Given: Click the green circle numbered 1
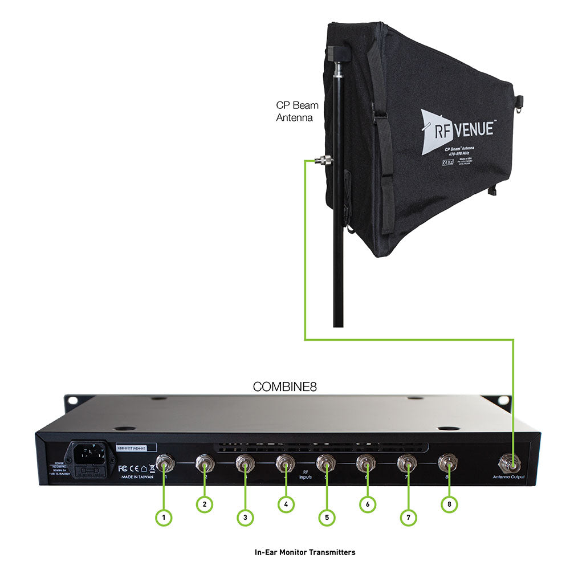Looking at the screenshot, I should pos(164,518).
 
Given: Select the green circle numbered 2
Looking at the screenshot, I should pos(204,504).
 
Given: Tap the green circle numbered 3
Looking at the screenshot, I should pos(245,518).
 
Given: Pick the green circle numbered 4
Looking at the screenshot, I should pos(286,504).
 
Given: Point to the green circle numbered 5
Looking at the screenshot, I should pos(327,518).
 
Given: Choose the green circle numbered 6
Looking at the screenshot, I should pos(368,504).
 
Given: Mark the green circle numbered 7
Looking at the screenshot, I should pos(408,518).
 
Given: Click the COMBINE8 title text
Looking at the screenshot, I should pos(284,386).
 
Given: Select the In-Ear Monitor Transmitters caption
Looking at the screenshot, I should pos(305,552).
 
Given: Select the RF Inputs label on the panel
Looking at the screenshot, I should pos(306,475).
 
